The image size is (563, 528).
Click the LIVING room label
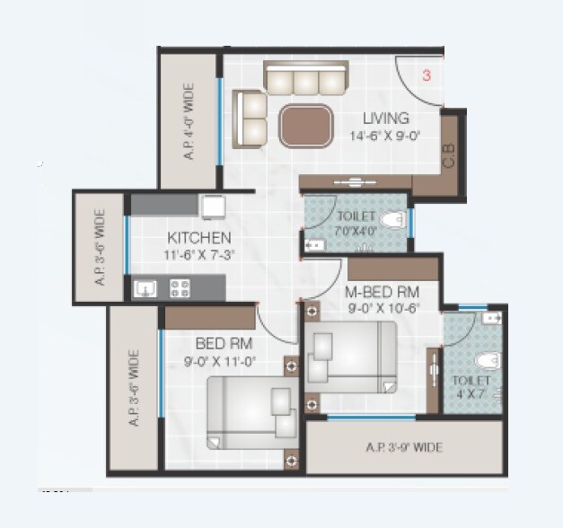coord(386,119)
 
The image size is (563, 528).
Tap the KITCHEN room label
coord(199,238)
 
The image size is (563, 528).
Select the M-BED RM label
coord(383,291)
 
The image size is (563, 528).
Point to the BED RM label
coord(224,344)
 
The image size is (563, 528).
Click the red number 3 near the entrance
coord(427,76)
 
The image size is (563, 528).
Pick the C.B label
coord(449,156)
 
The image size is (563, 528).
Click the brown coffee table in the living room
coord(305,126)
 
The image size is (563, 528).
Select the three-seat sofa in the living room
coord(305,79)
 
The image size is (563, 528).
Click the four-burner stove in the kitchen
coord(180,288)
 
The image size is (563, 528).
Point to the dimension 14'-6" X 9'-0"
coord(386,136)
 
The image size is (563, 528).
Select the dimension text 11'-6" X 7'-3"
coord(199,255)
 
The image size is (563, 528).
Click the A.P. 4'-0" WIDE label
coord(189,121)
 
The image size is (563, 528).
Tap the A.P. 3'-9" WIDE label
coord(404,446)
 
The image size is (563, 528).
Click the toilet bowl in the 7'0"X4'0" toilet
coord(392,220)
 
